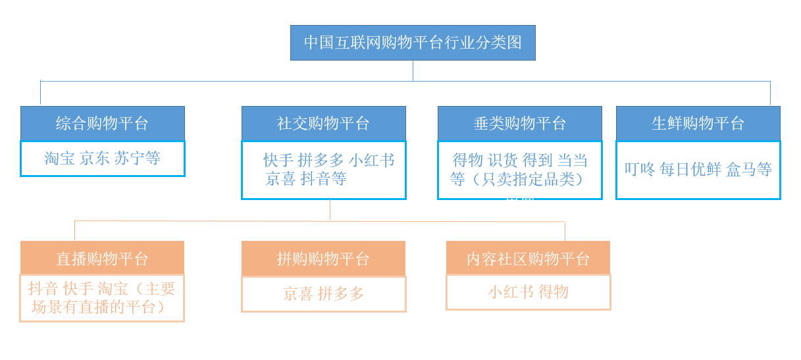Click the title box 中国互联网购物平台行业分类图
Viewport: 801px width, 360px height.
(x=413, y=43)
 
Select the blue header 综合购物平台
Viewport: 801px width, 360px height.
(x=103, y=123)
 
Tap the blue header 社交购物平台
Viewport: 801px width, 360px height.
(x=324, y=123)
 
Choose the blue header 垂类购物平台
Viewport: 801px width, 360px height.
(x=520, y=123)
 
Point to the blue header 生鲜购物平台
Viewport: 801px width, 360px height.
(x=698, y=123)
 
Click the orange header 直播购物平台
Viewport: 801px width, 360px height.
(x=102, y=258)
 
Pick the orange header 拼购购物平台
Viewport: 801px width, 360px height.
(x=323, y=259)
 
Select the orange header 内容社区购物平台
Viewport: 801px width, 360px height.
(x=528, y=258)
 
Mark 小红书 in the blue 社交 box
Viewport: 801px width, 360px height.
(x=371, y=160)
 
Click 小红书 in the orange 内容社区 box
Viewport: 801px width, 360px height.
(x=511, y=292)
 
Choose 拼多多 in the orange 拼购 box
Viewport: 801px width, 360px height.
(x=340, y=294)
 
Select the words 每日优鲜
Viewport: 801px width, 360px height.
(x=690, y=169)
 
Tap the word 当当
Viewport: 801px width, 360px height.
(x=573, y=160)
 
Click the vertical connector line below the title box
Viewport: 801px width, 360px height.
(x=413, y=71)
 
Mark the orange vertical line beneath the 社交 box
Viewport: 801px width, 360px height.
(x=330, y=209)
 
